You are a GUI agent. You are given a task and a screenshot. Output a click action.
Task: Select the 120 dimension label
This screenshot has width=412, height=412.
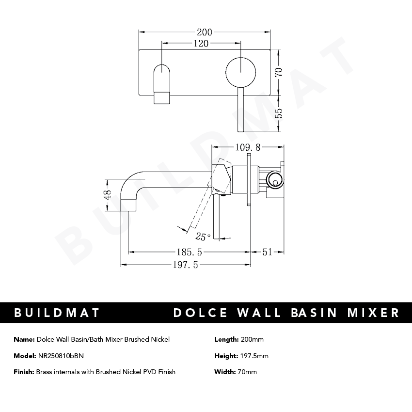pyautogui.click(x=201, y=44)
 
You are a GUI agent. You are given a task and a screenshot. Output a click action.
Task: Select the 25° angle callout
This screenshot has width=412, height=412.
pyautogui.click(x=202, y=237)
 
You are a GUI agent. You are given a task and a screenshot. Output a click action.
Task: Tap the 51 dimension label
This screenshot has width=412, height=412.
pyautogui.click(x=268, y=252)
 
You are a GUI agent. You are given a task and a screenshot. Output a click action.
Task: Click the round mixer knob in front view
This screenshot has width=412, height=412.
pyautogui.click(x=239, y=71)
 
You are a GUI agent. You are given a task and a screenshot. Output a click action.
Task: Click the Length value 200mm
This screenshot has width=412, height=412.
pyautogui.click(x=252, y=339)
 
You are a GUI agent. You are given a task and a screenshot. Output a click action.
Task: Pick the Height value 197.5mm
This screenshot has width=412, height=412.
pyautogui.click(x=254, y=356)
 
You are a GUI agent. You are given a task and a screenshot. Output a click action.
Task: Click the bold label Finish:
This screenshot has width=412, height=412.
pyautogui.click(x=24, y=372)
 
